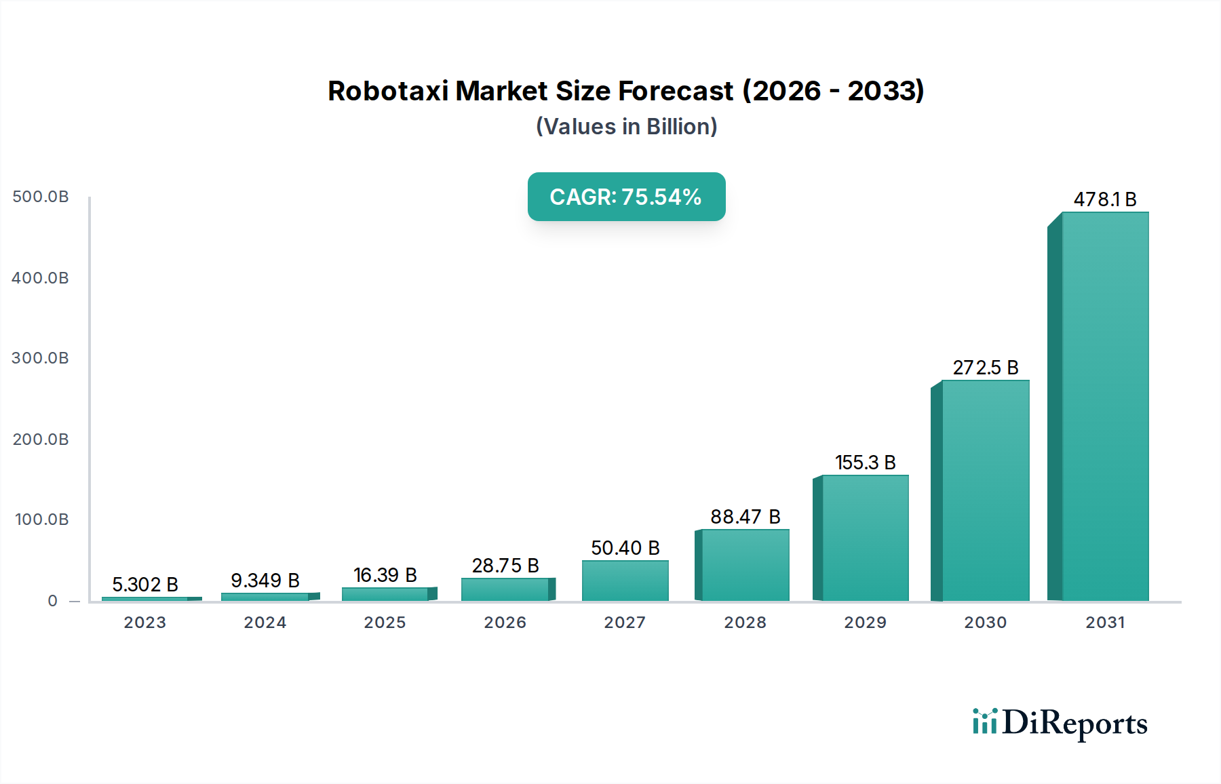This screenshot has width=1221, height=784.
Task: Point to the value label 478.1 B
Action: [x=1104, y=199]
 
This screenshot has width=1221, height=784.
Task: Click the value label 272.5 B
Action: [x=985, y=368]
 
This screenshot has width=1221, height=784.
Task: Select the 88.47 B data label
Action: [x=745, y=517]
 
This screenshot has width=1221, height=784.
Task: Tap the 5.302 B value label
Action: [x=144, y=585]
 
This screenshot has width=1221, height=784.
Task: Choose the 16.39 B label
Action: [x=385, y=575]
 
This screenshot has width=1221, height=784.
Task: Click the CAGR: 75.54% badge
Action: [x=626, y=197]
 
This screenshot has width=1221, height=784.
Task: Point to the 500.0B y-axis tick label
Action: [x=41, y=197]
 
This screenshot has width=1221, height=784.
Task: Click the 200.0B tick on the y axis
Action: [x=41, y=439]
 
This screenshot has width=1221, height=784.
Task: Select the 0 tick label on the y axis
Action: [x=52, y=601]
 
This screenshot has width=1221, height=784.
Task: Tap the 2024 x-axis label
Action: [x=265, y=623]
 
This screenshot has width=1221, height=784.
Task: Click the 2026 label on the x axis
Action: [x=505, y=623]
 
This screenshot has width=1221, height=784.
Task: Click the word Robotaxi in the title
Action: [x=387, y=91]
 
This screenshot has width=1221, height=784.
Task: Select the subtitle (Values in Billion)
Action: [x=626, y=127]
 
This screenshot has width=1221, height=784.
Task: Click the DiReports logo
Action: [x=1060, y=723]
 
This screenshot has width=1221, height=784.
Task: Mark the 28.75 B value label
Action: [x=505, y=566]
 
